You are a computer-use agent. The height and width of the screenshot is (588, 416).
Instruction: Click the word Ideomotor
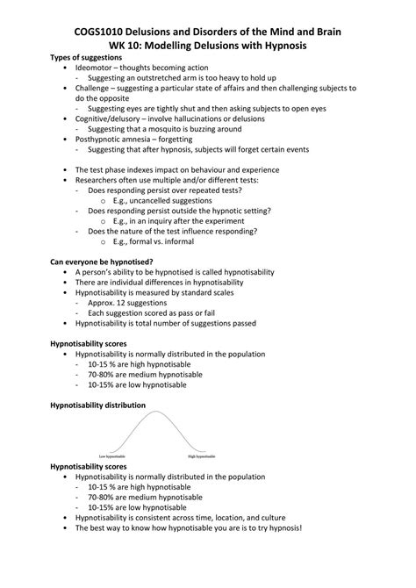point(96,68)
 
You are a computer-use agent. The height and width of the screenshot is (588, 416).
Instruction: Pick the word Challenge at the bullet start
point(97,89)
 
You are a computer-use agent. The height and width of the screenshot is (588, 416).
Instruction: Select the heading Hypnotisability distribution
point(97,405)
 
